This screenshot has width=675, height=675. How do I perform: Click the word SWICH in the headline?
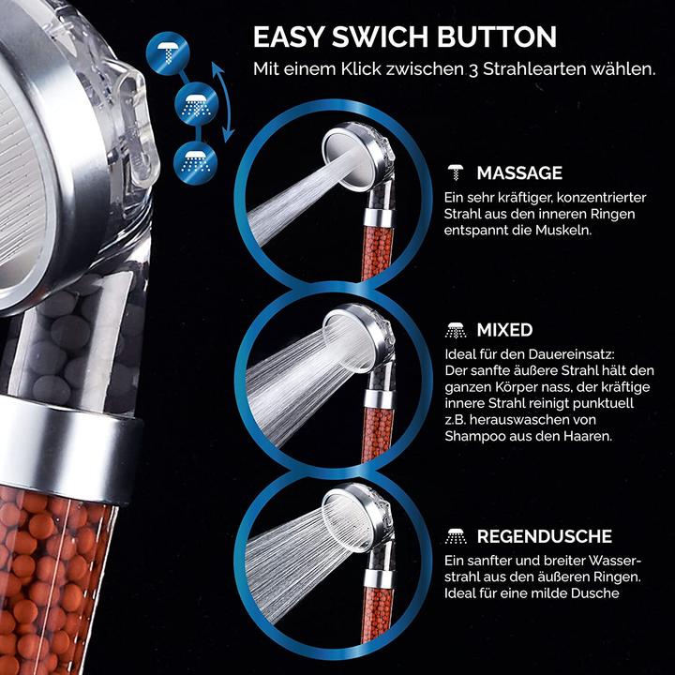[381, 37]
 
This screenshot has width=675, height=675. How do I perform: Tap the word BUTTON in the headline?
[497, 37]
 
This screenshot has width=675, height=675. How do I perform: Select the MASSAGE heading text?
[519, 173]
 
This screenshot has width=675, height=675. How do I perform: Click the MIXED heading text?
[504, 330]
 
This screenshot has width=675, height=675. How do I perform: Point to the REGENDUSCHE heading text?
[544, 536]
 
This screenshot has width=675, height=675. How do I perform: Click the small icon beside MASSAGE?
[456, 172]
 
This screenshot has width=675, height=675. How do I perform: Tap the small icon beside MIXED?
[456, 330]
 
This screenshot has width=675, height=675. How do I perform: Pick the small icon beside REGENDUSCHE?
[456, 536]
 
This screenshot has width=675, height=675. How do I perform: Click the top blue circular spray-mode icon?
[168, 53]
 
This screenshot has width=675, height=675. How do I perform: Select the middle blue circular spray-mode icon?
[197, 104]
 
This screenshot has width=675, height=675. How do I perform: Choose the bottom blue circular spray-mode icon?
[195, 163]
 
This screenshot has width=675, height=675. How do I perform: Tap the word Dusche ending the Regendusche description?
[595, 593]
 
